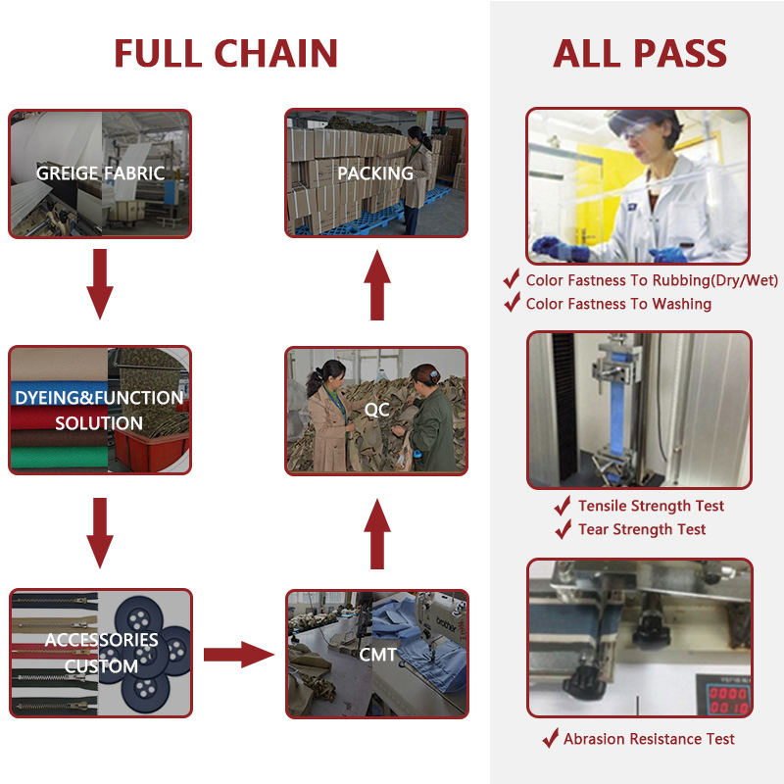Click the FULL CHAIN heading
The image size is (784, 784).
click(225, 52)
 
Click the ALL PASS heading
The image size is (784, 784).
click(640, 52)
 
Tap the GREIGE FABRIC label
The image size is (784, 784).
click(100, 173)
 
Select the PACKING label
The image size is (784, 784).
click(375, 173)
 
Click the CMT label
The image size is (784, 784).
click(377, 654)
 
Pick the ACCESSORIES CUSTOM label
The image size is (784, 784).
click(101, 653)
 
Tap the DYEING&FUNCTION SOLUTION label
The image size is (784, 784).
click(99, 411)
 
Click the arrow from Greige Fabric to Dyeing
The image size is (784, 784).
click(99, 283)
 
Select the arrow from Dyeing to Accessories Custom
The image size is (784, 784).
click(99, 532)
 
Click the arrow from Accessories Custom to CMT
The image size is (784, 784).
click(239, 654)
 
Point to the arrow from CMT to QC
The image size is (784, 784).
click(377, 532)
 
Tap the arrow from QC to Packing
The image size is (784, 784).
click(377, 283)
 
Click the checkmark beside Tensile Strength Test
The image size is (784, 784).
click(563, 506)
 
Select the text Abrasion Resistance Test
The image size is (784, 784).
click(649, 739)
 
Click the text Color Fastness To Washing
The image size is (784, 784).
click(618, 304)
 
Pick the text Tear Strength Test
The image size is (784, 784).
click(642, 529)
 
